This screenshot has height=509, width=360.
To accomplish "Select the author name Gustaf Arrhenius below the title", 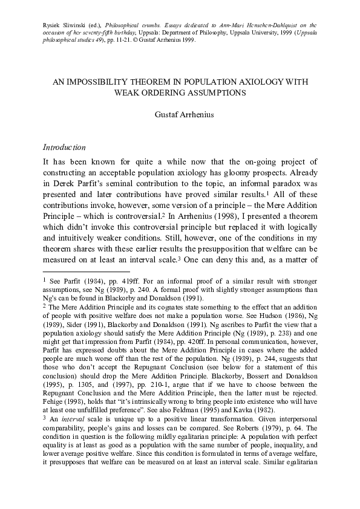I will [180, 114].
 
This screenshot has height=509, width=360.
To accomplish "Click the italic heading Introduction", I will [64, 148].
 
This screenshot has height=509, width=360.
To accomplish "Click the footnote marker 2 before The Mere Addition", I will [44, 306].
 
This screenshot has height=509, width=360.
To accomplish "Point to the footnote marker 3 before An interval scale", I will [44, 417].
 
